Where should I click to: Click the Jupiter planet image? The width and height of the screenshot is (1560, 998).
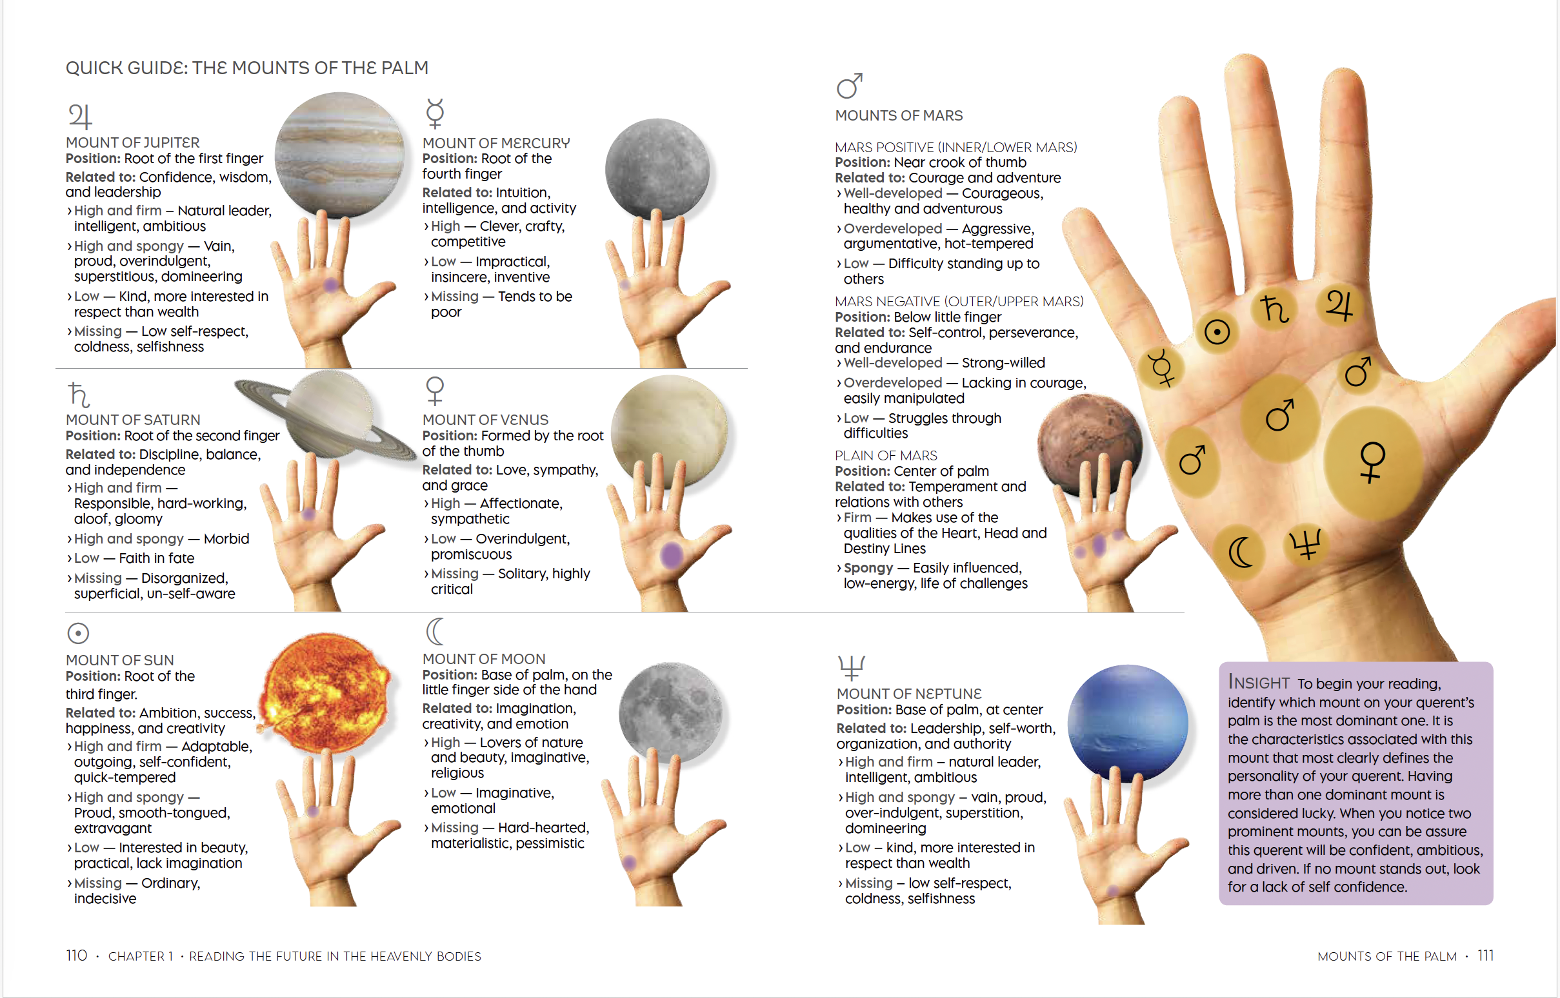pyautogui.click(x=340, y=155)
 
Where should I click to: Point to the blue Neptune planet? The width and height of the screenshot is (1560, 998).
pyautogui.click(x=1128, y=723)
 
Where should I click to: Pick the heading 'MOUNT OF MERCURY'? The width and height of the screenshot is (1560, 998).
pyautogui.click(x=496, y=142)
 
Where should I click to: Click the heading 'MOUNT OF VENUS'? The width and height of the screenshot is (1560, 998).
pyautogui.click(x=485, y=419)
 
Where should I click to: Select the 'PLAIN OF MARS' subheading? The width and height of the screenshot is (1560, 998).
pyautogui.click(x=886, y=455)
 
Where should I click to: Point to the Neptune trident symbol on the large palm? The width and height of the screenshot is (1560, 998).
pyautogui.click(x=1305, y=544)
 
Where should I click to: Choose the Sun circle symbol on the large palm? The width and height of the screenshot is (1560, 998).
pyautogui.click(x=1216, y=333)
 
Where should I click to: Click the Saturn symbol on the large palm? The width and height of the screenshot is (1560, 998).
pyautogui.click(x=1274, y=308)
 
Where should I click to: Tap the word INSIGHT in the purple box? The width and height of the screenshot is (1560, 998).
pyautogui.click(x=1259, y=682)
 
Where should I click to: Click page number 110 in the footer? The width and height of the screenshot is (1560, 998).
pyautogui.click(x=77, y=955)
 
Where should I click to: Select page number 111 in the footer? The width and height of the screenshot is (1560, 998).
pyautogui.click(x=1485, y=955)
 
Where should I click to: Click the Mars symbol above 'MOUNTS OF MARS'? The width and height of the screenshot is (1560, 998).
pyautogui.click(x=849, y=86)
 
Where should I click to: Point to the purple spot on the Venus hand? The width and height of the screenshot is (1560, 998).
pyautogui.click(x=672, y=554)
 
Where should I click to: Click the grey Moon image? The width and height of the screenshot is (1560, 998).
pyautogui.click(x=670, y=712)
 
